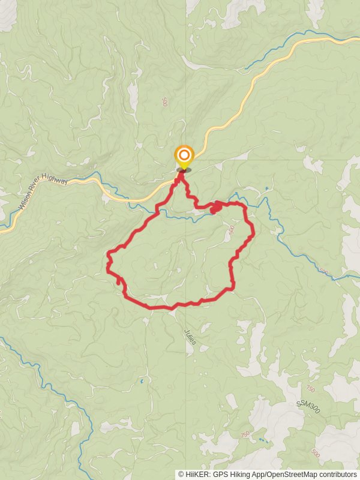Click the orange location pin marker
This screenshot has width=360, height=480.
tap(184, 158)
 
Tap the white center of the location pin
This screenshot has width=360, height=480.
tap(184, 154)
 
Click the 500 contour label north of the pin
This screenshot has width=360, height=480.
tap(164, 102)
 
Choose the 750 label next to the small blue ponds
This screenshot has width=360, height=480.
tap(244, 433)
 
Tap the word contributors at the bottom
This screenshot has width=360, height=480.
tap(336, 474)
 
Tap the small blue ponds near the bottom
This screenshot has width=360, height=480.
tap(263, 440)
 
